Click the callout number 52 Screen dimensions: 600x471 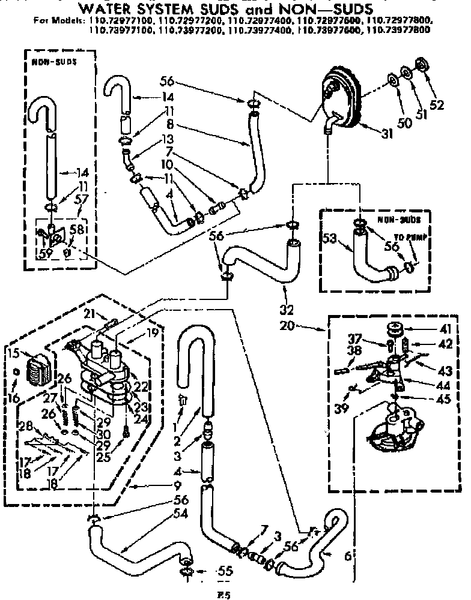(436, 104)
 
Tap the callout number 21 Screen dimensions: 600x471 (90, 313)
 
